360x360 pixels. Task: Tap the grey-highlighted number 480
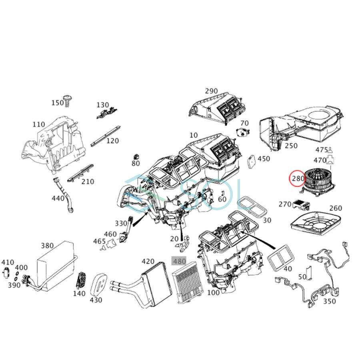[179, 261]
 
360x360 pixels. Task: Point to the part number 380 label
[47, 246]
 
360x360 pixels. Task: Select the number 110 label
[38, 124]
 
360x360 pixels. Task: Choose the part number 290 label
[211, 91]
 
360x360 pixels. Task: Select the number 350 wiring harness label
[329, 301]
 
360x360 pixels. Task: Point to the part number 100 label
[213, 292]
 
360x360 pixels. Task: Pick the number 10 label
[194, 135]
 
